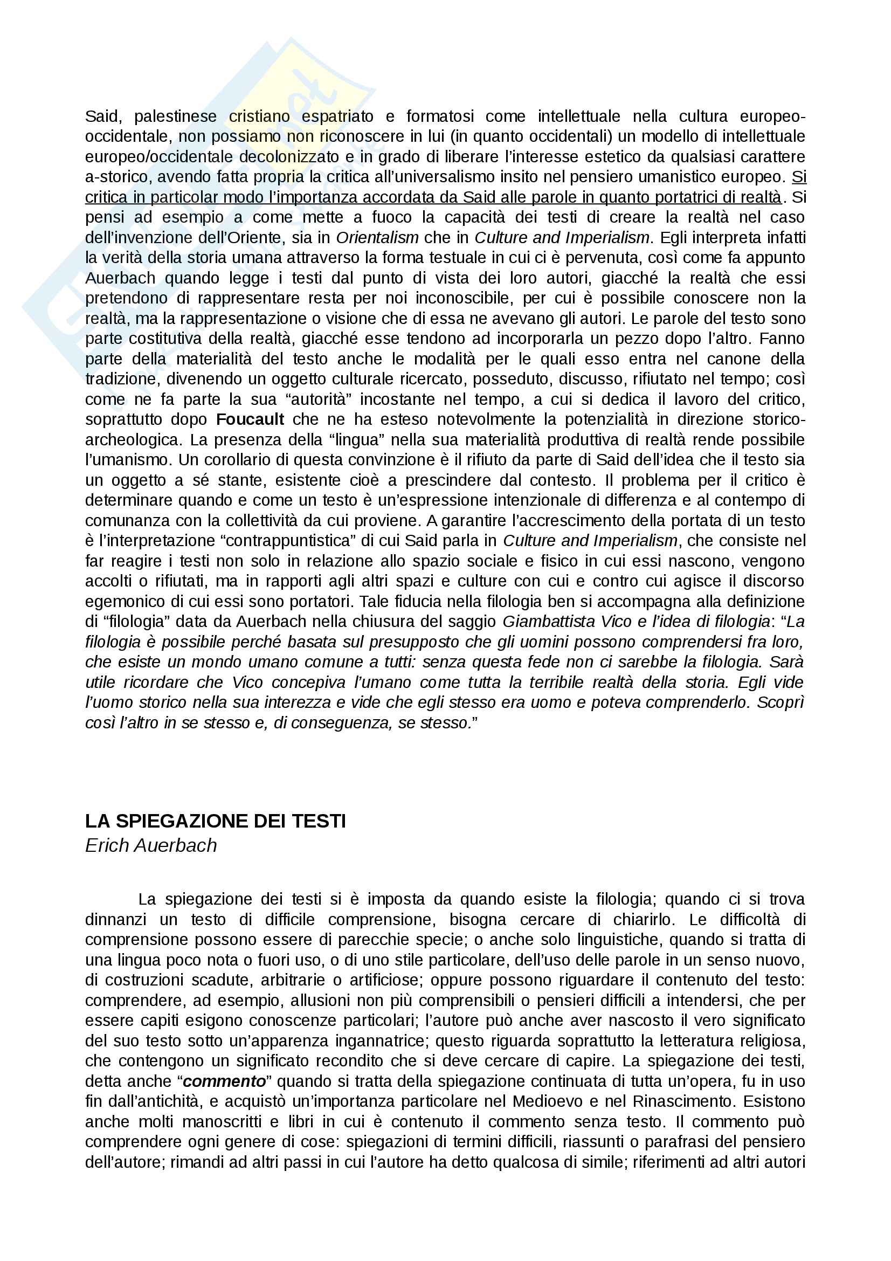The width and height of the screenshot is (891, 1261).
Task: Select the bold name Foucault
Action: point(250,419)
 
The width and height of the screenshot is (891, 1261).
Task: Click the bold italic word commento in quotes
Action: point(224,1081)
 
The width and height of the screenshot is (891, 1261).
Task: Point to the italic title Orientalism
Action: point(377,238)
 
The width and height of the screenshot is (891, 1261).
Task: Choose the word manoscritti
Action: point(224,1121)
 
